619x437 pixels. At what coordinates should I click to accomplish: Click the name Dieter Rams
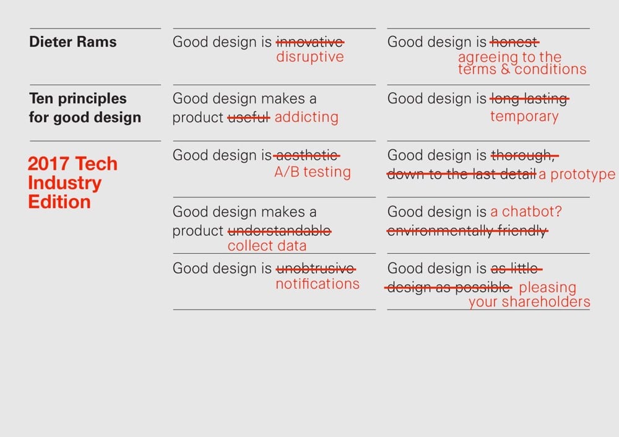(x=72, y=43)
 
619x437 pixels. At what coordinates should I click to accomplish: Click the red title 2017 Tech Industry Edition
(x=72, y=183)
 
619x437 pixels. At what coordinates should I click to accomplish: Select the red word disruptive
(x=309, y=57)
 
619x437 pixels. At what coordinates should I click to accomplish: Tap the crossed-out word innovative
(x=309, y=42)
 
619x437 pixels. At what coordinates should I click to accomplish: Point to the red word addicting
(x=306, y=118)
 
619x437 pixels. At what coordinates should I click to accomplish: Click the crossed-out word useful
(x=249, y=118)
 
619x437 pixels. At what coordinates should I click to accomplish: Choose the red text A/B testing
(x=312, y=173)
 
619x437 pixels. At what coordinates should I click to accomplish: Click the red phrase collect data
(x=267, y=246)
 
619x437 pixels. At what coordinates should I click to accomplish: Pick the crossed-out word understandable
(x=279, y=231)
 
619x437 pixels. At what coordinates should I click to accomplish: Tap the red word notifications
(x=317, y=284)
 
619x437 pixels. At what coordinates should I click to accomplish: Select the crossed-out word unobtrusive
(x=316, y=269)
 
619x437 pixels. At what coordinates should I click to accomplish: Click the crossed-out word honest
(x=514, y=42)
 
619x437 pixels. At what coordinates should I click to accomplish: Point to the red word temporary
(x=524, y=116)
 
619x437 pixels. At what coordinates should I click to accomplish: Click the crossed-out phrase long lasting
(x=529, y=98)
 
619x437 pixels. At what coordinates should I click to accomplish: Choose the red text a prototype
(x=577, y=175)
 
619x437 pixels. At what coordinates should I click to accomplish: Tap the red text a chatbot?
(x=526, y=212)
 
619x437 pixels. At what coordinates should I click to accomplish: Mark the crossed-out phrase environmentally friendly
(x=467, y=231)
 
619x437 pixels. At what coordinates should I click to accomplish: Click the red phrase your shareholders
(x=529, y=302)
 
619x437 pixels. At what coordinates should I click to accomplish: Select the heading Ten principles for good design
(x=85, y=108)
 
